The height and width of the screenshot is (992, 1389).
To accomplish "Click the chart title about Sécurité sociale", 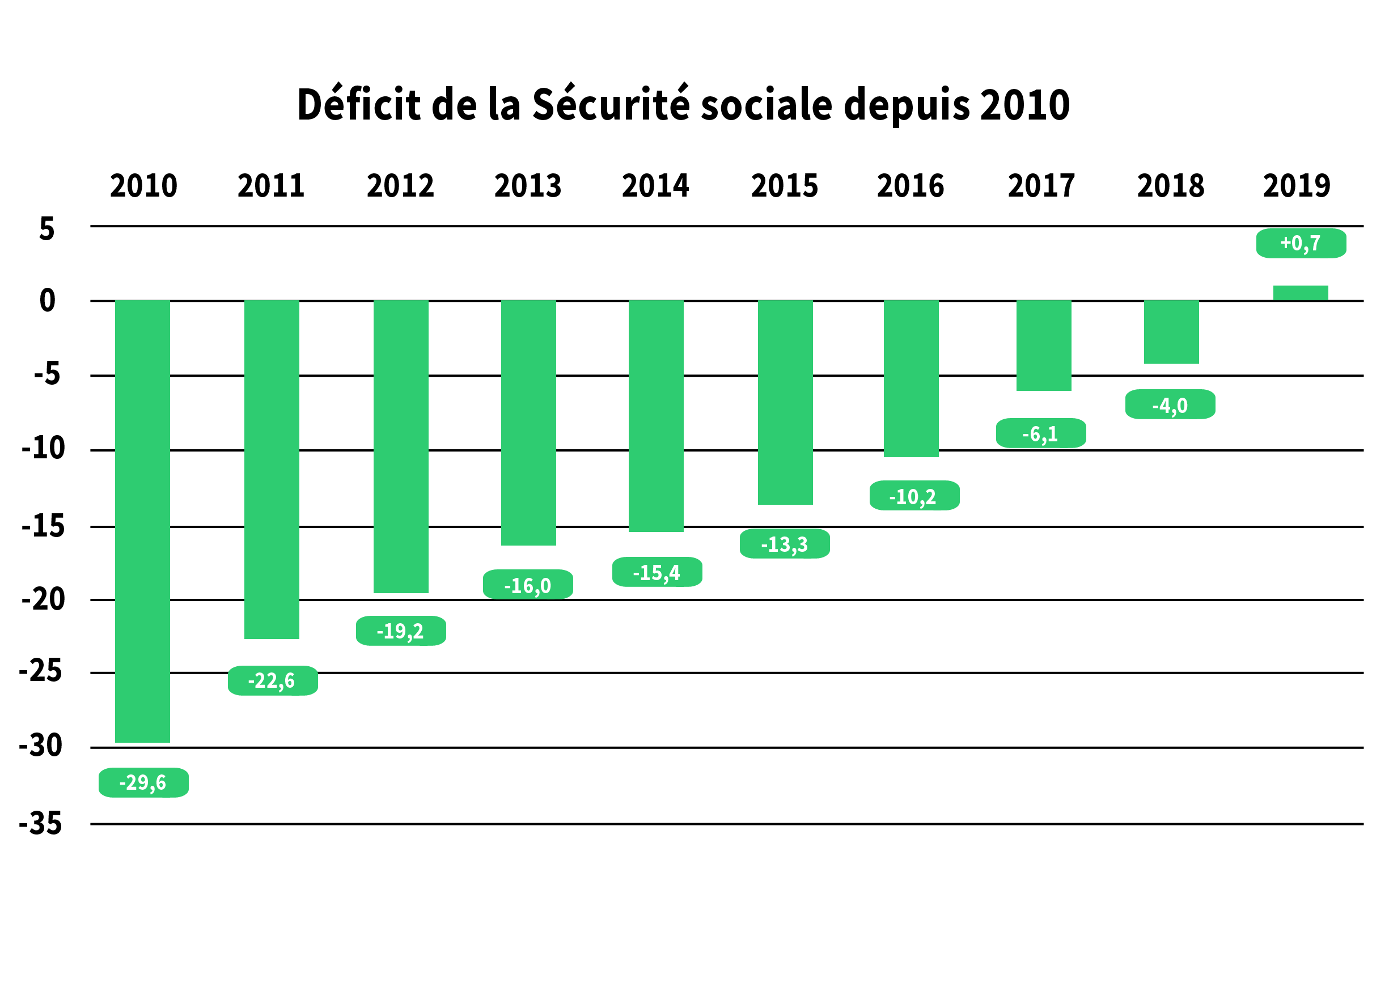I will (x=683, y=104).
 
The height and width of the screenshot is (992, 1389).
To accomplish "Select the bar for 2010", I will (x=142, y=521).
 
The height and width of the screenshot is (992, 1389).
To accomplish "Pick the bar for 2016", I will (x=911, y=378).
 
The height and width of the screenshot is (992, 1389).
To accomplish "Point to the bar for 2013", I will (x=528, y=422).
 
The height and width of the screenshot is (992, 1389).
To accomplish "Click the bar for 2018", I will (x=1171, y=331).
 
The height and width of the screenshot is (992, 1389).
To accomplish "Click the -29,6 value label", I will (x=143, y=782).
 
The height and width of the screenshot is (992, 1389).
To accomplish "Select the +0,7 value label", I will (x=1301, y=243).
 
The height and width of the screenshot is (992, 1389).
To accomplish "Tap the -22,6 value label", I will (x=273, y=680).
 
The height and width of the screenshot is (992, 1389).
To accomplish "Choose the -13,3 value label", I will (x=785, y=544).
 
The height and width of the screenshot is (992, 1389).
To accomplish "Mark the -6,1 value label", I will (x=1041, y=433).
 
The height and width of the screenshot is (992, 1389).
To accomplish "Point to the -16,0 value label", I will (x=528, y=585).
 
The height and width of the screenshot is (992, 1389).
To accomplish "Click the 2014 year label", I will (x=655, y=186).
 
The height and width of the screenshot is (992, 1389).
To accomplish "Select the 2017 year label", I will (x=1041, y=186).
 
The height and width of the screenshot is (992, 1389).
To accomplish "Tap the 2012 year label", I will (x=400, y=186).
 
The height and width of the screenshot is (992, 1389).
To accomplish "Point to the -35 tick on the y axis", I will (x=41, y=823).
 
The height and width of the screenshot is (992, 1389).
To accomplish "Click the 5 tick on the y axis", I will (x=47, y=229).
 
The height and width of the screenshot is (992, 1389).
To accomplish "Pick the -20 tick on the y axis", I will (x=43, y=599).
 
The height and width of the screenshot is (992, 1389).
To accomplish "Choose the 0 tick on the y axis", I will (x=48, y=300).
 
